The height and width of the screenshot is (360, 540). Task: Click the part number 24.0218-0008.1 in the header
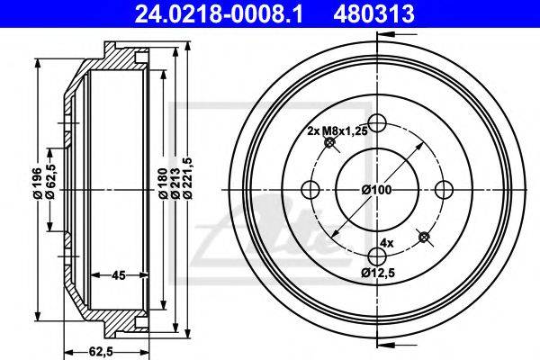219,13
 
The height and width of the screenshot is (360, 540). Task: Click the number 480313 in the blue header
373,13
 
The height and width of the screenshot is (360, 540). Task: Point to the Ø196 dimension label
38,184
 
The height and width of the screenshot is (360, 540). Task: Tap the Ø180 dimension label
163,184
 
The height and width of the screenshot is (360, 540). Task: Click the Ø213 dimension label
175,184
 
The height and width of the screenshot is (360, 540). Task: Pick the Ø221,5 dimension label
188,178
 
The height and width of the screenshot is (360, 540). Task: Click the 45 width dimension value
118,274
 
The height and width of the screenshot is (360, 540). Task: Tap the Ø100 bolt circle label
376,190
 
